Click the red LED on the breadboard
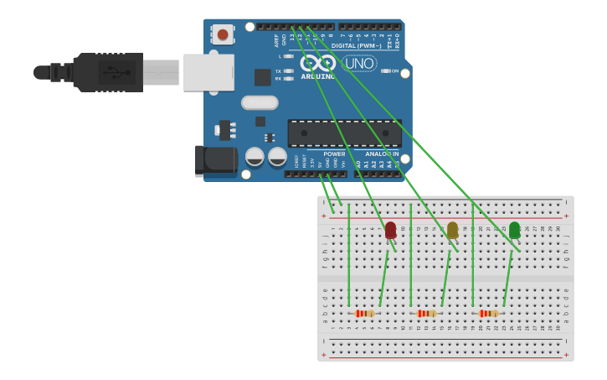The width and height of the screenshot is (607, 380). point(390,229)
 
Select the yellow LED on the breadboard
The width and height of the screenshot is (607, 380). point(452,229)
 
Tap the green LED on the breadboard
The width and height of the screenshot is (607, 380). point(514,229)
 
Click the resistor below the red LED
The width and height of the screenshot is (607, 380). point(364,314)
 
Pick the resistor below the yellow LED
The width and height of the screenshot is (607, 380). point(426,314)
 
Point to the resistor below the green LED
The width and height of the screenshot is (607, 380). point(488,314)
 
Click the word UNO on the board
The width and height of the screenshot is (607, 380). point(359,63)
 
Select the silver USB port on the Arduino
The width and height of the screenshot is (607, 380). point(208,72)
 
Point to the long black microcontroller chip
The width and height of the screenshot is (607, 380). point(344,133)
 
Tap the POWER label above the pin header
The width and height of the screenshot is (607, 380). point(334,154)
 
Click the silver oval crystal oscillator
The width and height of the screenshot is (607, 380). point(260,102)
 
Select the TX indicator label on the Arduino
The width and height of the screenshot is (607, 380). point(278,71)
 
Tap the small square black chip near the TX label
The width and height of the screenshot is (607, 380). point(263,77)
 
